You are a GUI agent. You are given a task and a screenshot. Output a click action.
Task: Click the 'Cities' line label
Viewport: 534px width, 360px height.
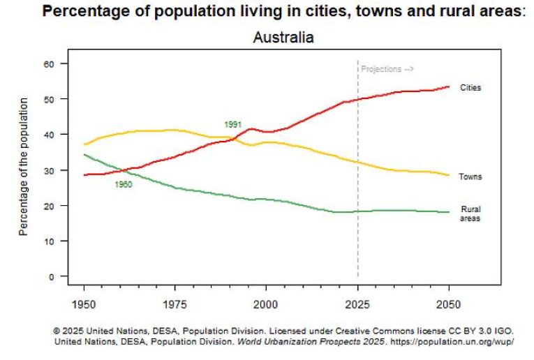coord(470,88)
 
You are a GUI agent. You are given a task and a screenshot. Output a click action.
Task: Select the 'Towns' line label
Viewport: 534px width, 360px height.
coord(470,177)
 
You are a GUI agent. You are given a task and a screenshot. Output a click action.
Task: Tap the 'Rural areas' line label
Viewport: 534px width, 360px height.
coord(470,213)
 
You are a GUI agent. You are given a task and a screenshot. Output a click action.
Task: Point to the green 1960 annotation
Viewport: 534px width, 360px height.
coord(124,185)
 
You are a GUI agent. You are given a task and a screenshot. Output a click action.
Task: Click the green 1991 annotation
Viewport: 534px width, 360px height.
coord(232,124)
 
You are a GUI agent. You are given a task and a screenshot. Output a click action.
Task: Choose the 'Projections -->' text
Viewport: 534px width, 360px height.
coord(387,69)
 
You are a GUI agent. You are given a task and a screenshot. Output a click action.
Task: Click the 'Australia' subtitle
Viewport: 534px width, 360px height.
coord(283,38)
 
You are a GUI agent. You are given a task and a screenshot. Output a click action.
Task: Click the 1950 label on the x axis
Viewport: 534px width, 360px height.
coord(84,304)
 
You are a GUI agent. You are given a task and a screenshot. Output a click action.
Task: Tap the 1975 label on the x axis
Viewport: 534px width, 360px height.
coord(175,304)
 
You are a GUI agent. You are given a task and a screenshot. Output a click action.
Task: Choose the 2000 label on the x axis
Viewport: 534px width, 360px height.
coord(266,304)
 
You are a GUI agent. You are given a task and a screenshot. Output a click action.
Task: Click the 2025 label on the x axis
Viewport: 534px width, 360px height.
coord(357,304)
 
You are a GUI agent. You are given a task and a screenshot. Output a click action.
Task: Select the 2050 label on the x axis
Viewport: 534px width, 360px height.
coord(449,304)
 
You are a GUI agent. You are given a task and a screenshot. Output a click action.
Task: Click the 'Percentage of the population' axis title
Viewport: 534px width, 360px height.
coord(24,166)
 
